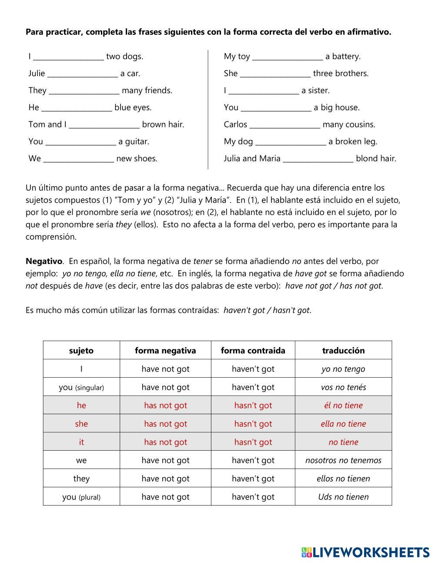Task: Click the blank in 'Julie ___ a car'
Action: (x=83, y=74)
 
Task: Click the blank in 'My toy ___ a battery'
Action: (x=288, y=57)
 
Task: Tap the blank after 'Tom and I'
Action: (x=104, y=124)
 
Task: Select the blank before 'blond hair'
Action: (x=318, y=158)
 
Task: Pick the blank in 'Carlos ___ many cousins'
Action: (x=285, y=124)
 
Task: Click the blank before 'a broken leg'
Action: (x=291, y=141)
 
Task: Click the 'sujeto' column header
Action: (x=81, y=351)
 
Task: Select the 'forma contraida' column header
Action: (x=253, y=351)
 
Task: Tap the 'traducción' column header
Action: (x=343, y=351)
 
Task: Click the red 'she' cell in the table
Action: (x=81, y=424)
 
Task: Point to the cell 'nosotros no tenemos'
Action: (x=343, y=460)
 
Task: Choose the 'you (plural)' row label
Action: (x=81, y=497)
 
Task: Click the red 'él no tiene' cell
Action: (x=343, y=405)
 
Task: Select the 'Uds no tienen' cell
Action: (x=343, y=497)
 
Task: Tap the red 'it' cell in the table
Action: (x=81, y=442)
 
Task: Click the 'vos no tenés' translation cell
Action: (x=343, y=387)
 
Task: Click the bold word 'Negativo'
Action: (x=44, y=261)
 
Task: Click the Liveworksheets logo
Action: (x=365, y=552)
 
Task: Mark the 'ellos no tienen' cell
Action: (x=343, y=479)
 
